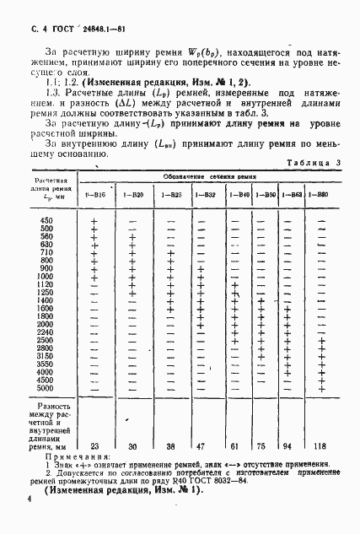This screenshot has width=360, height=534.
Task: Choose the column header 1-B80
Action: point(320,195)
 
